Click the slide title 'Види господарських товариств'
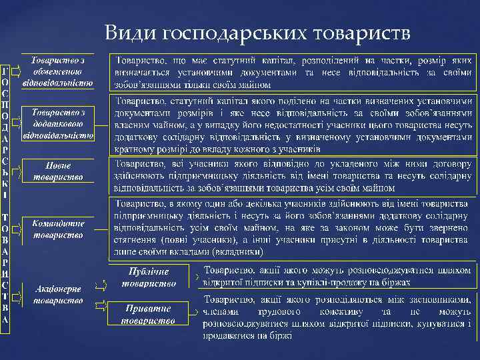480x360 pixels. click(x=257, y=33)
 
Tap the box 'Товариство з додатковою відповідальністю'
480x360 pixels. click(x=57, y=123)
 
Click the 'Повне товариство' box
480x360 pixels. click(x=57, y=171)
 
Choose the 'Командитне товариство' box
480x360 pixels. click(x=57, y=229)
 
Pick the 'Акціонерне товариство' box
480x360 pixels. click(x=57, y=294)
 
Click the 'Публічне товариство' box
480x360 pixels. click(x=149, y=277)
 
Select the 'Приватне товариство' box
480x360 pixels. click(x=149, y=315)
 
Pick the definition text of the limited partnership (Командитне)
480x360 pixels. click(x=293, y=227)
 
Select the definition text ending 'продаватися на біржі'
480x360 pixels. click(x=337, y=317)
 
